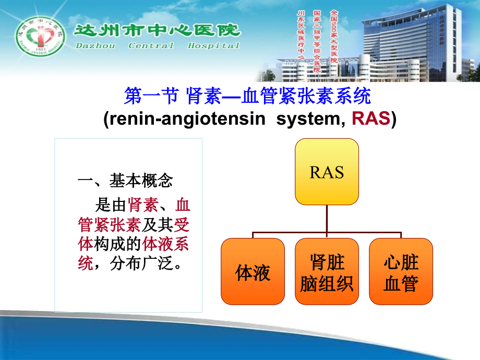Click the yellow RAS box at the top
(x=327, y=172)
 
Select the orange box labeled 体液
(x=253, y=272)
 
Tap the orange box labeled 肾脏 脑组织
(x=327, y=272)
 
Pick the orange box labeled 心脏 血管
(x=401, y=272)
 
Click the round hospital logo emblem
(x=40, y=41)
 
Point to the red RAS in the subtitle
(x=371, y=119)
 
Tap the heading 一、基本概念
(x=125, y=181)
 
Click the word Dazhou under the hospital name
(x=94, y=45)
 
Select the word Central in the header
(x=151, y=45)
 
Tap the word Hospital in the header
(x=213, y=45)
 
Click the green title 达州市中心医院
(x=157, y=30)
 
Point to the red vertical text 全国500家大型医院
(x=333, y=35)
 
